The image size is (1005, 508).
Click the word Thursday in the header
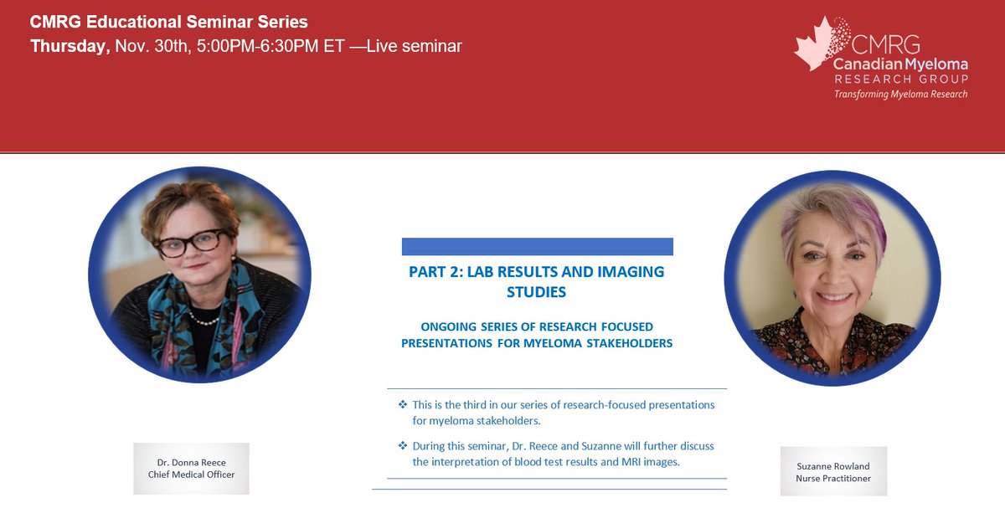(70, 47)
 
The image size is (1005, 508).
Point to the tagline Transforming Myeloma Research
(900, 94)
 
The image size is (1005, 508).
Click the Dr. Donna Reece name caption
(191, 462)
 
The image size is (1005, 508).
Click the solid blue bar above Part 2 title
(537, 247)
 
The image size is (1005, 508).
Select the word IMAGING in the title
(623, 272)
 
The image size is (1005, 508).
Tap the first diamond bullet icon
(403, 404)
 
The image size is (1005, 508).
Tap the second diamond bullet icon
(403, 446)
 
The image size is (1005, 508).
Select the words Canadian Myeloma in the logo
(900, 64)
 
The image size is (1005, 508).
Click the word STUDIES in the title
(536, 292)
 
